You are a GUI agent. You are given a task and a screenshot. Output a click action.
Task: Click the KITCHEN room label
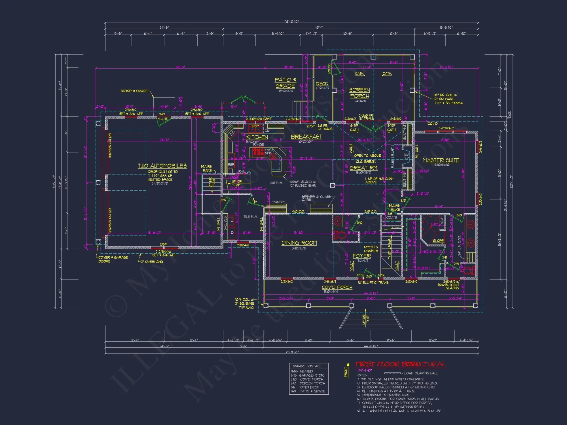[257, 137]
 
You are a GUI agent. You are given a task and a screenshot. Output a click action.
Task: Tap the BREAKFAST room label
[306, 137]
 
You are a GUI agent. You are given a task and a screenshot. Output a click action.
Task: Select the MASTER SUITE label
[441, 160]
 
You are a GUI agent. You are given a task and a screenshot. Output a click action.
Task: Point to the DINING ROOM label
[299, 243]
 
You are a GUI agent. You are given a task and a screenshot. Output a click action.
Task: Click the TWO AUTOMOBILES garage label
[162, 166]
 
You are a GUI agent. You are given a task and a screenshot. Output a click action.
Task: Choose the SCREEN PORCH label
[359, 93]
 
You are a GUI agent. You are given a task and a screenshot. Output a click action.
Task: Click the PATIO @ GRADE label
[285, 83]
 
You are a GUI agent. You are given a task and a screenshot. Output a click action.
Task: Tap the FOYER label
[361, 256]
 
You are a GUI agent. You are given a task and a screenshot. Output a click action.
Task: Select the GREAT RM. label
[364, 168]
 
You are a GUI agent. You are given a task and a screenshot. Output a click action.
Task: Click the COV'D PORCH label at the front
[337, 287]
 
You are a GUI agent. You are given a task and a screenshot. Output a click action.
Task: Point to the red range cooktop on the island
[258, 152]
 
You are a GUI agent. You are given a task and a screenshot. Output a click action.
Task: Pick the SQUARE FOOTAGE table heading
[307, 366]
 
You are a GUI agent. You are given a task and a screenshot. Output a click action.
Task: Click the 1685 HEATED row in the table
[302, 371]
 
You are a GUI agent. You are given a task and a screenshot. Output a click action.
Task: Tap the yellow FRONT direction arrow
[348, 368]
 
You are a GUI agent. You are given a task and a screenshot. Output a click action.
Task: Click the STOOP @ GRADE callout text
[134, 91]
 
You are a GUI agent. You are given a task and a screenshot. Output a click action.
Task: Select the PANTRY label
[278, 202]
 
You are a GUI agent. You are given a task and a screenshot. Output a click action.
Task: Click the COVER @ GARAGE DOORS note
[113, 259]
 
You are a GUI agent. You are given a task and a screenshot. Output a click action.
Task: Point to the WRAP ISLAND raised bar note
[303, 184]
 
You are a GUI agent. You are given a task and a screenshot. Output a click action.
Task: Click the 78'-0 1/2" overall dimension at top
[291, 22]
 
